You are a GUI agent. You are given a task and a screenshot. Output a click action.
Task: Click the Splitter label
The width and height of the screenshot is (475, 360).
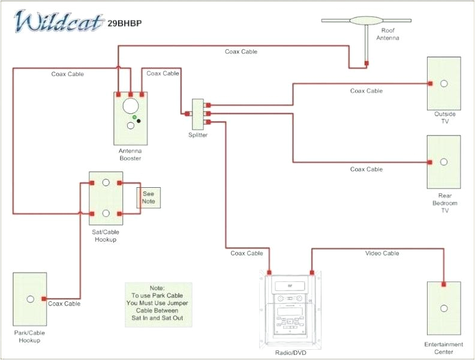tap(198, 135)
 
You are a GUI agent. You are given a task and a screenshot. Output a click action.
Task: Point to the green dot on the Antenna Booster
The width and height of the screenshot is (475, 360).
tap(135, 117)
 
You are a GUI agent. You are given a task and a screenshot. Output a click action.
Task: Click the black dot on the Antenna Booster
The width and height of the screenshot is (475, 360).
tap(139, 121)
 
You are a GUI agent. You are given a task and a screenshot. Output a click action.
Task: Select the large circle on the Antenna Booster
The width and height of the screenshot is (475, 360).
tap(130, 106)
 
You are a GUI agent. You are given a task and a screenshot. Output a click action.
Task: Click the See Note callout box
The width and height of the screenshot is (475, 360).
tap(149, 197)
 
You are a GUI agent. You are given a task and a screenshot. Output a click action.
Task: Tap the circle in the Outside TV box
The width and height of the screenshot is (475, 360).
tap(444, 83)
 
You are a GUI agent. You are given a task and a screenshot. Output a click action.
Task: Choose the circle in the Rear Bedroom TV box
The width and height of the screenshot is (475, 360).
tap(444, 162)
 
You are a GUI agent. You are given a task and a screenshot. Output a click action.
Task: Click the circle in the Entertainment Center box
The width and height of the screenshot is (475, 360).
tap(444, 308)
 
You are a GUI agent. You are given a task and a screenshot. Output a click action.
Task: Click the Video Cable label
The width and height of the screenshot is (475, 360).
tap(382, 253)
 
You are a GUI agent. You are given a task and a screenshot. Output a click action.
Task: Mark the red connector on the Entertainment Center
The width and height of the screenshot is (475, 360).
tap(444, 284)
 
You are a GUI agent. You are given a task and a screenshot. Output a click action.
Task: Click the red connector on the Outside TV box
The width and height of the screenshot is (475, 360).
tap(429, 83)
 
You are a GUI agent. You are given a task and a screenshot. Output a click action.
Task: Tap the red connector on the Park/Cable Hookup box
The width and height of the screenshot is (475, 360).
tap(44, 298)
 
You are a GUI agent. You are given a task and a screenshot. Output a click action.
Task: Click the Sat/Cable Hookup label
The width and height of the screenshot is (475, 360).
tap(106, 235)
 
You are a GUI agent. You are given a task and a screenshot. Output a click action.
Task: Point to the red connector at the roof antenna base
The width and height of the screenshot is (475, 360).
tap(366, 62)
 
